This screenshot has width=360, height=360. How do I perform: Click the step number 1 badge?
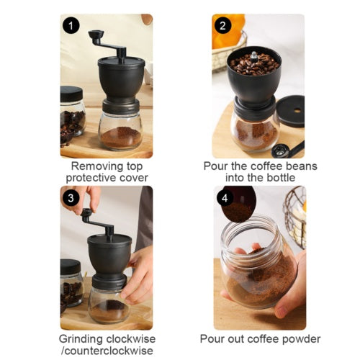point(71,26)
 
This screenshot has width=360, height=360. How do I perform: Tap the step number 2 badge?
point(222,26)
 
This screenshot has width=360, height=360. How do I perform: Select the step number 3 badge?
point(71,198)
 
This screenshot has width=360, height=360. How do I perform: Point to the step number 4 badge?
point(225,198)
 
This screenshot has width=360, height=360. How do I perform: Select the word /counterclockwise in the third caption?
point(107,351)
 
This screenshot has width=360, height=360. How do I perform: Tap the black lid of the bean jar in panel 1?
point(71,94)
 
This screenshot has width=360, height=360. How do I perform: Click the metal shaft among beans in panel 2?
point(254,58)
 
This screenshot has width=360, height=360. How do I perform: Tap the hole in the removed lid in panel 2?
point(297,110)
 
